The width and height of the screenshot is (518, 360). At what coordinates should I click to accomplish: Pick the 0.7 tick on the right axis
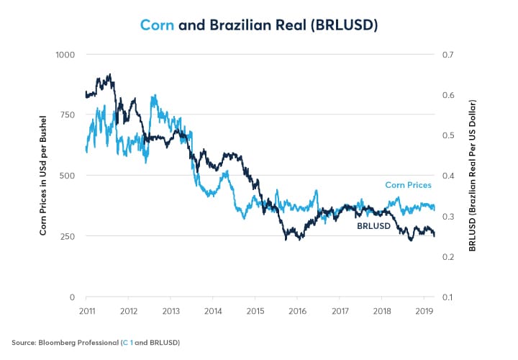point(449,54)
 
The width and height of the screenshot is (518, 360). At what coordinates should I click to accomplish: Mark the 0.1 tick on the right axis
point(449,297)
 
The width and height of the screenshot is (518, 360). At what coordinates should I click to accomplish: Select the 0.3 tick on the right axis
point(449,216)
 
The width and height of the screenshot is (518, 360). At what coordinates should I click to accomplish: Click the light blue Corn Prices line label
point(409,185)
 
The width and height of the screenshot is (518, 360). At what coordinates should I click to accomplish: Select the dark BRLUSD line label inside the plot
point(374,227)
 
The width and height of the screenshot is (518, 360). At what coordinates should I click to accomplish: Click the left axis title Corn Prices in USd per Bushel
point(44,176)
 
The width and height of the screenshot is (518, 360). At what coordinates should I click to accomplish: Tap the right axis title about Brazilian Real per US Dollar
point(473,176)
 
